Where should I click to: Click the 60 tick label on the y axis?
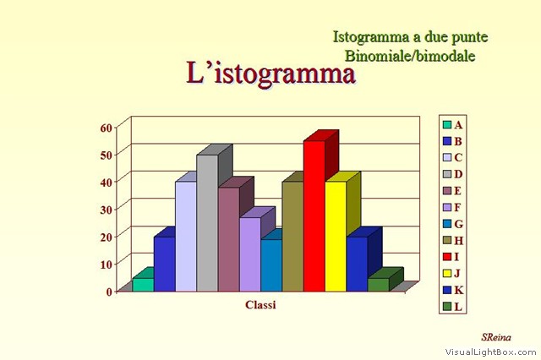107,128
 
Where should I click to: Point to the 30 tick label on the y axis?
107,210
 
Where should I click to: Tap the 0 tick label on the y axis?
109,292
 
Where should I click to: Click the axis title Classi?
260,305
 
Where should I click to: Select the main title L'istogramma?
270,74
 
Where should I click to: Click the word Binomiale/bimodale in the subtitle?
410,56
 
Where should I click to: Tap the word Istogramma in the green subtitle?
371,37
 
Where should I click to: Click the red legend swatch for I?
447,257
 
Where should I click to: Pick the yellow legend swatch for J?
447,274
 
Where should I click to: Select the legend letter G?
458,224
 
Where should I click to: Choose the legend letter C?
458,157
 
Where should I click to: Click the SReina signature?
496,337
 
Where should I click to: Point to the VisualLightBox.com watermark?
490,352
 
